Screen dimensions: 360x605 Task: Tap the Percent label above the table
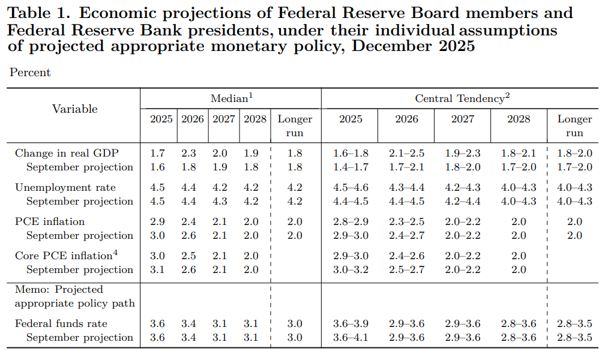30,73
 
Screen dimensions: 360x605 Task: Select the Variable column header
74,109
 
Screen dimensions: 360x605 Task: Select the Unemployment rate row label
65,187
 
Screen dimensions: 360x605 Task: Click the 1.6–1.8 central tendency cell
351,153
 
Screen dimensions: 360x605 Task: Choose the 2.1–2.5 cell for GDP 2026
406,153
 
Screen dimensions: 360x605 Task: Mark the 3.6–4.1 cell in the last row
351,337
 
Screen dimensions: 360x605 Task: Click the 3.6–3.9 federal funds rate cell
351,323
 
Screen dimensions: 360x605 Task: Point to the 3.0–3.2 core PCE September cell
351,269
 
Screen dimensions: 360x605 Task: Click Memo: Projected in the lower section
59,289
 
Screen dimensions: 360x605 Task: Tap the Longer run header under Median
295,125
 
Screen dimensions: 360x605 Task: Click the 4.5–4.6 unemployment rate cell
351,187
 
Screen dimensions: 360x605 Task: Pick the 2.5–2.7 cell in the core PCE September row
406,269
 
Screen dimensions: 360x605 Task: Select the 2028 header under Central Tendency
519,119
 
